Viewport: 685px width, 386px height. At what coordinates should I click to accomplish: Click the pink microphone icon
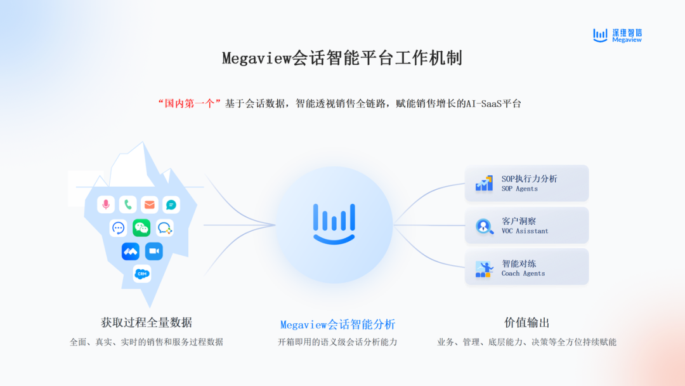(x=106, y=204)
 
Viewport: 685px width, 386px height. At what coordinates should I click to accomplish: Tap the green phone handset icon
(x=127, y=204)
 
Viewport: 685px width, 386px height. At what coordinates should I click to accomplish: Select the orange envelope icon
(x=150, y=204)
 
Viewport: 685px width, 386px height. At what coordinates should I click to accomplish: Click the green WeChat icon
(x=141, y=228)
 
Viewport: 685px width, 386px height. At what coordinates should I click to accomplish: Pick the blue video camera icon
(x=153, y=251)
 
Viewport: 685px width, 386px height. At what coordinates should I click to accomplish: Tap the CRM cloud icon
(x=142, y=274)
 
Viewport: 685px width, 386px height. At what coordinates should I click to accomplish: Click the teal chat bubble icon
(x=171, y=204)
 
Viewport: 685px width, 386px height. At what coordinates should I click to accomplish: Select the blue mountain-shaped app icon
(x=131, y=251)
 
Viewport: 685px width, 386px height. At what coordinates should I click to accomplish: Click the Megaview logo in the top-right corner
(x=617, y=36)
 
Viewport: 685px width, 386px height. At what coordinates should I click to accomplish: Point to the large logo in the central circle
(x=334, y=224)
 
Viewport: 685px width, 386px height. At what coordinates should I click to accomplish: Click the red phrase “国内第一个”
(x=189, y=103)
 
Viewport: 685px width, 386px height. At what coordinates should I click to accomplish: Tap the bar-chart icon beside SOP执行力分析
(x=484, y=183)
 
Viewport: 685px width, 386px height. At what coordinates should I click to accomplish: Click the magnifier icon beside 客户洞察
(x=484, y=226)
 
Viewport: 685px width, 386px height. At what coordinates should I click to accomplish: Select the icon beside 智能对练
(x=484, y=269)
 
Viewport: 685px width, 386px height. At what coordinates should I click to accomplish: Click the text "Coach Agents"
(x=523, y=274)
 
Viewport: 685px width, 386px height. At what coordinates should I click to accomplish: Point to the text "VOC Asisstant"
(x=525, y=231)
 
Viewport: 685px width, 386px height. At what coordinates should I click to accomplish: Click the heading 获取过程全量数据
(x=147, y=323)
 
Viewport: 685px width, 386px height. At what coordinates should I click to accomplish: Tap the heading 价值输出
(x=527, y=323)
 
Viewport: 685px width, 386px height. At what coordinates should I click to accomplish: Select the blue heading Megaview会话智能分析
(x=337, y=324)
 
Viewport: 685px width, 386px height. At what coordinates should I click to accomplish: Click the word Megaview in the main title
(x=256, y=58)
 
